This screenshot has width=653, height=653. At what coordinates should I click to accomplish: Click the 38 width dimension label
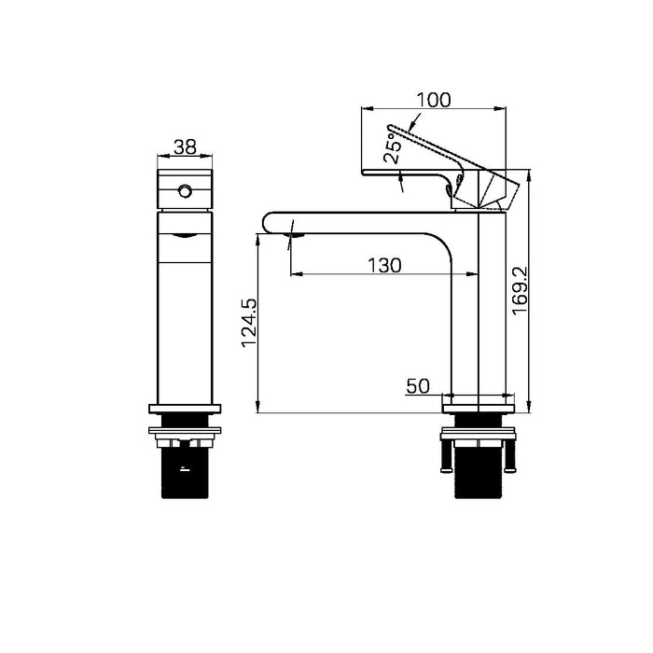click(186, 146)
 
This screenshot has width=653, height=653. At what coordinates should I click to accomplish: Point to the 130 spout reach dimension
click(383, 265)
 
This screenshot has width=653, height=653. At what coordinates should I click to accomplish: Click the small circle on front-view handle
click(185, 191)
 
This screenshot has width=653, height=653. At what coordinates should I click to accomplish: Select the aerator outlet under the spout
click(295, 234)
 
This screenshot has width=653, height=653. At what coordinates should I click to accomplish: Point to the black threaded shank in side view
click(478, 476)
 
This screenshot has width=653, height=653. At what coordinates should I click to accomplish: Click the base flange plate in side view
click(478, 402)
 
